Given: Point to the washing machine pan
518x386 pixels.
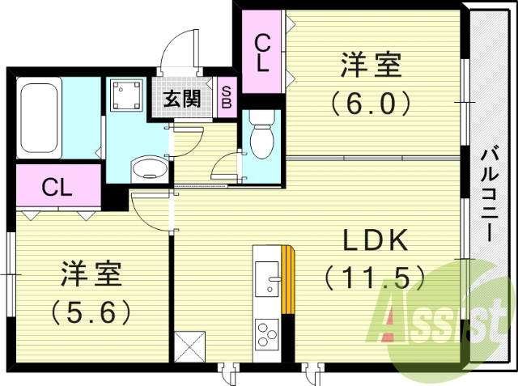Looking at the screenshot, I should coord(125,95).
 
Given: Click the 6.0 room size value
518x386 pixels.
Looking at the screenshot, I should coord(372,103).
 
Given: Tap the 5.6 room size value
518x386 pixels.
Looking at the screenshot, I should coord(90,312).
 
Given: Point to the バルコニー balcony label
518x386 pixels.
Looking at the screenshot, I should coord(488,194).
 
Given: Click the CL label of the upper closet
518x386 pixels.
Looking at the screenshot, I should coord(262,53).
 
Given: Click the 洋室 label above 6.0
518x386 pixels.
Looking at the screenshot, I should coord(372,66).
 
